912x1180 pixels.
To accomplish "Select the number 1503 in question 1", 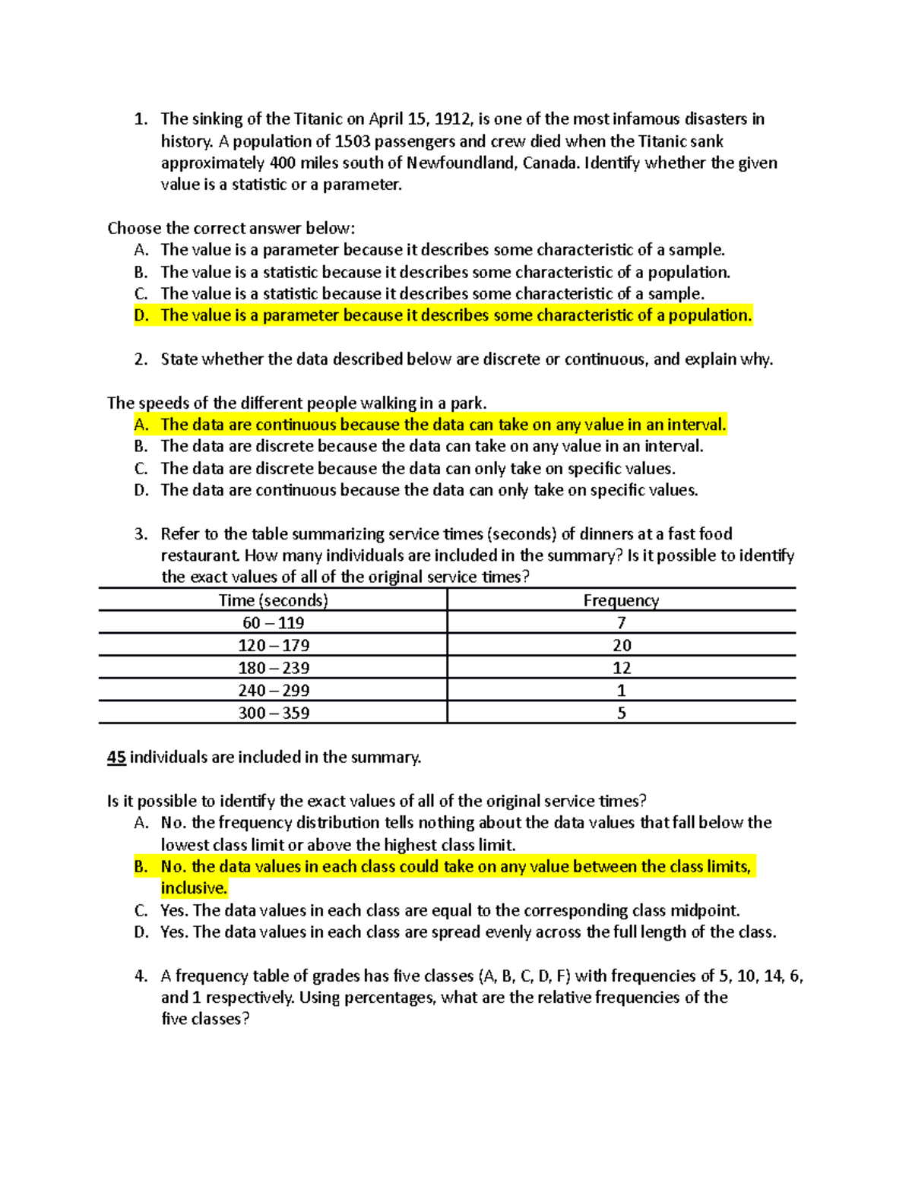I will (x=353, y=141).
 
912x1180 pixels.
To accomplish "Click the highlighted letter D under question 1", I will (x=141, y=315).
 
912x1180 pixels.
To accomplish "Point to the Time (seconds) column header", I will (x=273, y=600).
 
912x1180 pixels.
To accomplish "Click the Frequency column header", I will (x=621, y=600).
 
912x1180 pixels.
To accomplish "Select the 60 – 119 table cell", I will (x=273, y=623).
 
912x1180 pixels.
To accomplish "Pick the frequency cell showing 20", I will (x=621, y=645).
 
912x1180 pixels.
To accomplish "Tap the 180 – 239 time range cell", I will (x=273, y=668).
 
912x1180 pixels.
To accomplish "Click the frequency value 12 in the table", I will (x=621, y=668).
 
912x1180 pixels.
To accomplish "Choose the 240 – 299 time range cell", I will (x=273, y=691).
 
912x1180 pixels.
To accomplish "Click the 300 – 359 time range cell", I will (x=273, y=713).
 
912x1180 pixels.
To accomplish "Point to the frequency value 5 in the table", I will (x=621, y=713).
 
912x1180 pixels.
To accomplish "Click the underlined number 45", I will (x=116, y=758).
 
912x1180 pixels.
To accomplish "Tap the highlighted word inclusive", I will (x=193, y=888).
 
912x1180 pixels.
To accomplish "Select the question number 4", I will (x=141, y=976).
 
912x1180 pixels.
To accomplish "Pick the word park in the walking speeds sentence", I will (x=467, y=403).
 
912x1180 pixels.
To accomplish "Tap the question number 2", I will (x=141, y=359).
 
